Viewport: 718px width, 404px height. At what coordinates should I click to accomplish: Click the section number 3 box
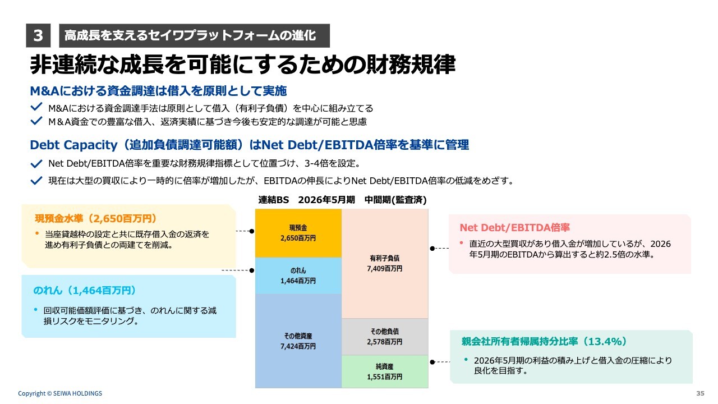pyautogui.click(x=38, y=36)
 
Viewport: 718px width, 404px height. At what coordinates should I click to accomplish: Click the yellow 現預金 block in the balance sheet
pyautogui.click(x=298, y=233)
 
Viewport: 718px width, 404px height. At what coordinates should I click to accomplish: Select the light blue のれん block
pyautogui.click(x=298, y=276)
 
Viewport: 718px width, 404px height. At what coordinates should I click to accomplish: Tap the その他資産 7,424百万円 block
pyautogui.click(x=298, y=341)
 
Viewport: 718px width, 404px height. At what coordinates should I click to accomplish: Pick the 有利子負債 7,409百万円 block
pyautogui.click(x=384, y=263)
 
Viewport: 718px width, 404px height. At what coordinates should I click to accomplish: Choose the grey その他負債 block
pyautogui.click(x=384, y=337)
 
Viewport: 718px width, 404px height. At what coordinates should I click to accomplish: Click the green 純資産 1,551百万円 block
pyautogui.click(x=384, y=371)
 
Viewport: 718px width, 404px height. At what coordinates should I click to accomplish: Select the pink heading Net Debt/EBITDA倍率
pyautogui.click(x=514, y=227)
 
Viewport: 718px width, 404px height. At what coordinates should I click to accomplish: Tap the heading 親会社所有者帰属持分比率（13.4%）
pyautogui.click(x=544, y=341)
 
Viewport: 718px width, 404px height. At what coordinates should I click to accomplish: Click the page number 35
pyautogui.click(x=699, y=393)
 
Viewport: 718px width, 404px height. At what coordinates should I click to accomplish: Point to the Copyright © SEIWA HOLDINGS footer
pyautogui.click(x=60, y=393)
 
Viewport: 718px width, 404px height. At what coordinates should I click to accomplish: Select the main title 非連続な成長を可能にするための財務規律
pyautogui.click(x=242, y=65)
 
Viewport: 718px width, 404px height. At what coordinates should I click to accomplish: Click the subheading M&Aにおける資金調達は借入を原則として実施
pyautogui.click(x=158, y=91)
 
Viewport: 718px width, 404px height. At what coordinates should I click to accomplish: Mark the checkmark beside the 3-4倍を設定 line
pyautogui.click(x=37, y=164)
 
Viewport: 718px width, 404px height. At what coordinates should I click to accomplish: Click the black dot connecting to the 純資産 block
pyautogui.click(x=432, y=362)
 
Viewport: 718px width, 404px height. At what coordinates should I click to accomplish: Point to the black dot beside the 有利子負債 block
pyautogui.click(x=432, y=247)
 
